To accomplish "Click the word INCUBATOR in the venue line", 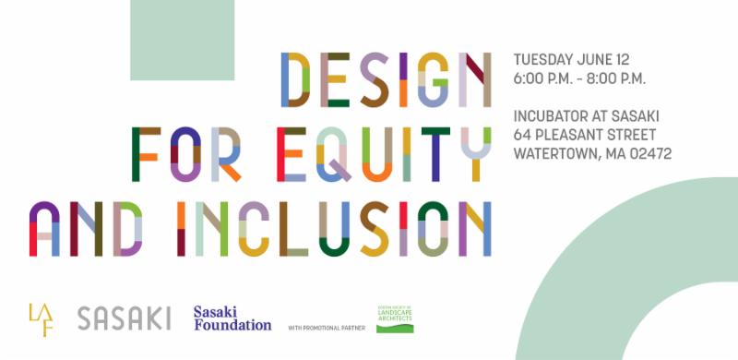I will tap(552, 117).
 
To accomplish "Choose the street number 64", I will tap(523, 136).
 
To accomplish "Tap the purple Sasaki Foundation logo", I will tap(232, 318).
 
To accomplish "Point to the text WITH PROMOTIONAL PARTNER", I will tap(327, 328).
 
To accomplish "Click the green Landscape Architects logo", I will tap(395, 318).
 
